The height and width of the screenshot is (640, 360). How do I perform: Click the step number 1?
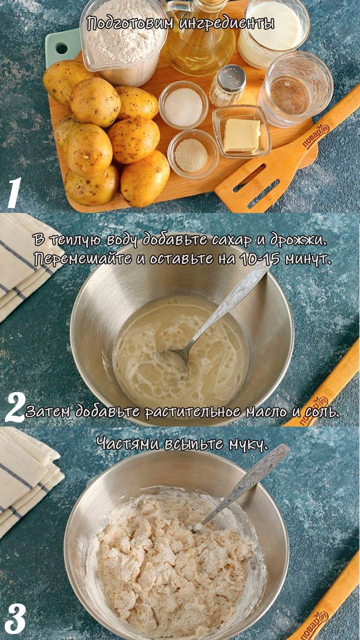click(x=14, y=193)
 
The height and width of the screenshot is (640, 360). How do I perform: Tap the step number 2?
click(x=15, y=407)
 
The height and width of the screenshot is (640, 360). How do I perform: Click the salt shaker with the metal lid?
click(x=228, y=85)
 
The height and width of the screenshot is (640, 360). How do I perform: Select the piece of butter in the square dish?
click(x=242, y=135)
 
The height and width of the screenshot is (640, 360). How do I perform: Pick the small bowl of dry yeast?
click(x=192, y=155)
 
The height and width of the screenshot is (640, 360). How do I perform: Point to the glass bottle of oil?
click(x=200, y=37)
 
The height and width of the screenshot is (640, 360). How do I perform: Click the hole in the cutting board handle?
click(x=62, y=48)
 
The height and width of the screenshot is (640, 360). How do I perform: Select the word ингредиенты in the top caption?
click(x=226, y=23)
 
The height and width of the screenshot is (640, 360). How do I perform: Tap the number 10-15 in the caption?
click(x=261, y=259)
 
